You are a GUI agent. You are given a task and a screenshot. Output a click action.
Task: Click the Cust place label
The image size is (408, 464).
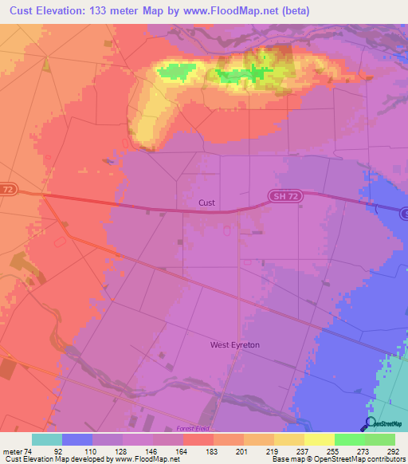click(x=206, y=203)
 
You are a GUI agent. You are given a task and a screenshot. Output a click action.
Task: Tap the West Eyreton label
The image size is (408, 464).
click(x=235, y=344)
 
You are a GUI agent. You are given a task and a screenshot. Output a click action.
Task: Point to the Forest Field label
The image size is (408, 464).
click(x=195, y=429)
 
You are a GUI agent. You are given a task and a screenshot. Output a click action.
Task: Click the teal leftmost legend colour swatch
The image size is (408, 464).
click(x=47, y=439)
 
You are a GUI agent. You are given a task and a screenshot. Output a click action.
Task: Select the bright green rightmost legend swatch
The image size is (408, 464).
click(x=380, y=439)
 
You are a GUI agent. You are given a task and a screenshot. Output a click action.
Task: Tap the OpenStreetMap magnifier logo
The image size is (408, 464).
click(x=371, y=423)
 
